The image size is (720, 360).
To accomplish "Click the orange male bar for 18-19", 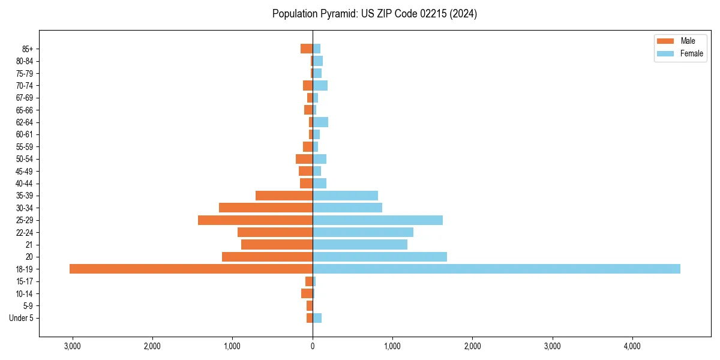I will point(191,269).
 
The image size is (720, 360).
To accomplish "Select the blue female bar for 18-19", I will point(496,269).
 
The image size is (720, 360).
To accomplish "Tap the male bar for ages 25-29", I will point(255,220).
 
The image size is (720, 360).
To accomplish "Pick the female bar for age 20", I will point(380,257).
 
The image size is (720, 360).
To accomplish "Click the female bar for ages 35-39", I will point(345,196).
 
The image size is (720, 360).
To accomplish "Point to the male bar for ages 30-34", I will point(266,208).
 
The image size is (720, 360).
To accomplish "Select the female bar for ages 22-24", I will point(363,232).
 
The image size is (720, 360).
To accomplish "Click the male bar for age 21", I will point(277,245).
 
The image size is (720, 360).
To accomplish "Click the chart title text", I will point(374,14).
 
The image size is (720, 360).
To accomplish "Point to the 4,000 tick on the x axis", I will point(632,346).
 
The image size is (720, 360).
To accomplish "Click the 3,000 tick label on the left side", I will point(72,346).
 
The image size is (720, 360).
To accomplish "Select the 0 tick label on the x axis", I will point(313,346).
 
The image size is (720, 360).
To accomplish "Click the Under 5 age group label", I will point(21,318).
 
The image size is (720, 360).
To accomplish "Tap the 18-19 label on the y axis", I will point(25,269).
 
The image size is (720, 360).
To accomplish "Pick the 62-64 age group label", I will point(25,122).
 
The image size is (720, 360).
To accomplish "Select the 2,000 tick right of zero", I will point(472,346).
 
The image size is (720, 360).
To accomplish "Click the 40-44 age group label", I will point(25,184).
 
